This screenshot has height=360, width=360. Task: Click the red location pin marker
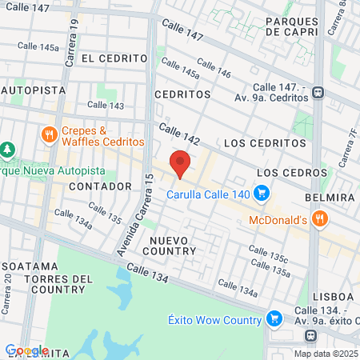(181, 162)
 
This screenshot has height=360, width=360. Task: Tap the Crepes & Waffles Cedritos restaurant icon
(49, 134)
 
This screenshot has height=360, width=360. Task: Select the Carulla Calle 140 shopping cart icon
(261, 193)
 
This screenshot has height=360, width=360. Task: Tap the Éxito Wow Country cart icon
(274, 319)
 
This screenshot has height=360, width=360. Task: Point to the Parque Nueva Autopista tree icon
(7, 150)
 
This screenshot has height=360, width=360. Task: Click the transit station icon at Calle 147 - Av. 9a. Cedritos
(319, 92)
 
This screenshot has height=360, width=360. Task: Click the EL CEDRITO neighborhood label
(114, 58)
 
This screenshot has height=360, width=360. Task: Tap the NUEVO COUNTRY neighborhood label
(172, 245)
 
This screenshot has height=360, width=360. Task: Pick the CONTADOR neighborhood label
(100, 186)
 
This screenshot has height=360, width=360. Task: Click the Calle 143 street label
(106, 105)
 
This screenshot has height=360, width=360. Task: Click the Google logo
(26, 350)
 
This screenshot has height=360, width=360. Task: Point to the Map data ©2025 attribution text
(325, 354)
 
